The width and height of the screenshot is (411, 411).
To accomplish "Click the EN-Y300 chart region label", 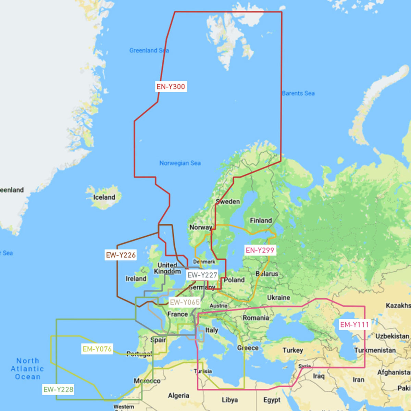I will click(x=171, y=87).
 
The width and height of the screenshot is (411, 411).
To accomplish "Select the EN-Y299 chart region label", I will click(x=260, y=250).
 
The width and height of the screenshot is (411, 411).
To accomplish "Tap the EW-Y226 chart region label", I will click(x=121, y=255).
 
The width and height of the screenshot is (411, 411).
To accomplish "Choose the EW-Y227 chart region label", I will click(x=202, y=275).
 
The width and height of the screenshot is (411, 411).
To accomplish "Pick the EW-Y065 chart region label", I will click(x=185, y=302).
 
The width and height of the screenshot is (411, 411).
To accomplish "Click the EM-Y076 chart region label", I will click(x=97, y=349).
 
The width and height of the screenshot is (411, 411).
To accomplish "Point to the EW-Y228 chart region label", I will click(x=58, y=389).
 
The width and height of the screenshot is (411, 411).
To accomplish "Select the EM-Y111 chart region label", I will click(x=354, y=325).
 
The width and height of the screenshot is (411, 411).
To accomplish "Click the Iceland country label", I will click(x=104, y=197).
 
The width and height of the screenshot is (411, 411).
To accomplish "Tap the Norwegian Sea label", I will click(x=180, y=163).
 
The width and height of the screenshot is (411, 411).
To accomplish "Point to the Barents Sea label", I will click(x=298, y=93).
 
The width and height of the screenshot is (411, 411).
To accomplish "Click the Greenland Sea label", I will click(x=149, y=50).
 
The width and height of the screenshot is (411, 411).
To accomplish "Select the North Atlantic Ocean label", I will click(x=27, y=369).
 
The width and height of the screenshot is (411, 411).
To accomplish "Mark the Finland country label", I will click(x=261, y=221).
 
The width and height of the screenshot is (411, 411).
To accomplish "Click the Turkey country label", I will click(x=293, y=350).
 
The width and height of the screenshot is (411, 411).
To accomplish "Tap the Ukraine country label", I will click(x=278, y=298).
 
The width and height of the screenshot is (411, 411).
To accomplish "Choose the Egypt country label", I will click(x=272, y=400).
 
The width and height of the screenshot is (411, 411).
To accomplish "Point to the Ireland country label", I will click(x=136, y=279).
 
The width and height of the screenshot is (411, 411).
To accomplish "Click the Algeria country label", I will click(x=178, y=396).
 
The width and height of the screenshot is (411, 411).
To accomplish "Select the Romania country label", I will click(x=256, y=318).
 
